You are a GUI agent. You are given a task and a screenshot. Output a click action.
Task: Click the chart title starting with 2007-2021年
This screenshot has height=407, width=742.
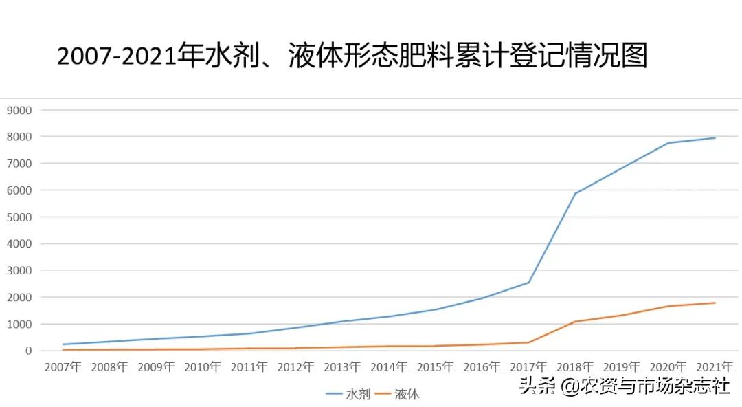pos(352,56)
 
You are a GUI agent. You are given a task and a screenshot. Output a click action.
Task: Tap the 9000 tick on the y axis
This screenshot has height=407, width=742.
pos(19,110)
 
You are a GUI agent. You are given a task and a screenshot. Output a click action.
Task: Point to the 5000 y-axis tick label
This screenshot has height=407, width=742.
pos(19,217)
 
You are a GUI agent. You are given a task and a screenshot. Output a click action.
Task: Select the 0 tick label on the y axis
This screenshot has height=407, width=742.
pos(28,351)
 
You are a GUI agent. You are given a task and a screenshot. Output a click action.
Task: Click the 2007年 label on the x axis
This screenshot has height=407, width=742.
pos(63,367)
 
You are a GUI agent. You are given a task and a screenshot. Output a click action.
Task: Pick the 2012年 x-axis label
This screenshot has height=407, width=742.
pos(295,367)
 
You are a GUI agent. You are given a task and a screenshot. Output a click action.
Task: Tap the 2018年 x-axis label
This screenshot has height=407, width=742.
pos(575,367)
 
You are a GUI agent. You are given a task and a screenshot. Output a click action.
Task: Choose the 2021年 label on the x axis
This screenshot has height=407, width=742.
pos(715,367)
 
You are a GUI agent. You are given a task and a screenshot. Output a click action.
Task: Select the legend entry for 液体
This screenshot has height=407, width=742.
pos(407,395)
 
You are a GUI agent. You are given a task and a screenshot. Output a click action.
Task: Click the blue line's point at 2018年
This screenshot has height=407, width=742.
pos(575,193)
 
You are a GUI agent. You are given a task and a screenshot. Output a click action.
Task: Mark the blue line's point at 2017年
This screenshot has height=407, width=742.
pos(528,283)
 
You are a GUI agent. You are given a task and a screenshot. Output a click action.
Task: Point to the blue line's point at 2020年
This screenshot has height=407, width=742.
pos(668,143)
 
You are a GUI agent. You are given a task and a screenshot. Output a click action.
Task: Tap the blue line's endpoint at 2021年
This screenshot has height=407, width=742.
pos(715,138)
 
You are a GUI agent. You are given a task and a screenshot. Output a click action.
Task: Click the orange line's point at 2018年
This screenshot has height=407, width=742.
pos(575,321)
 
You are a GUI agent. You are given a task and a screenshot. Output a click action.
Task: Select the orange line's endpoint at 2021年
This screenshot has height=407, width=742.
pos(715,302)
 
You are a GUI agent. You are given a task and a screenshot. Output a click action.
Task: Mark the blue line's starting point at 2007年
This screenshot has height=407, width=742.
pos(63,344)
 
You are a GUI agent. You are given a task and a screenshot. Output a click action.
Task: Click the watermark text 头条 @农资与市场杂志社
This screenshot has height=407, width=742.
pos(624,386)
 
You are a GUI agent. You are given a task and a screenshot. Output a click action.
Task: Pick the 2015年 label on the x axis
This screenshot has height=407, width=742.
pos(435,367)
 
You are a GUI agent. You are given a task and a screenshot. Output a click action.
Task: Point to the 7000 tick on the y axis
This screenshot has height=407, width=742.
pos(19,164)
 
